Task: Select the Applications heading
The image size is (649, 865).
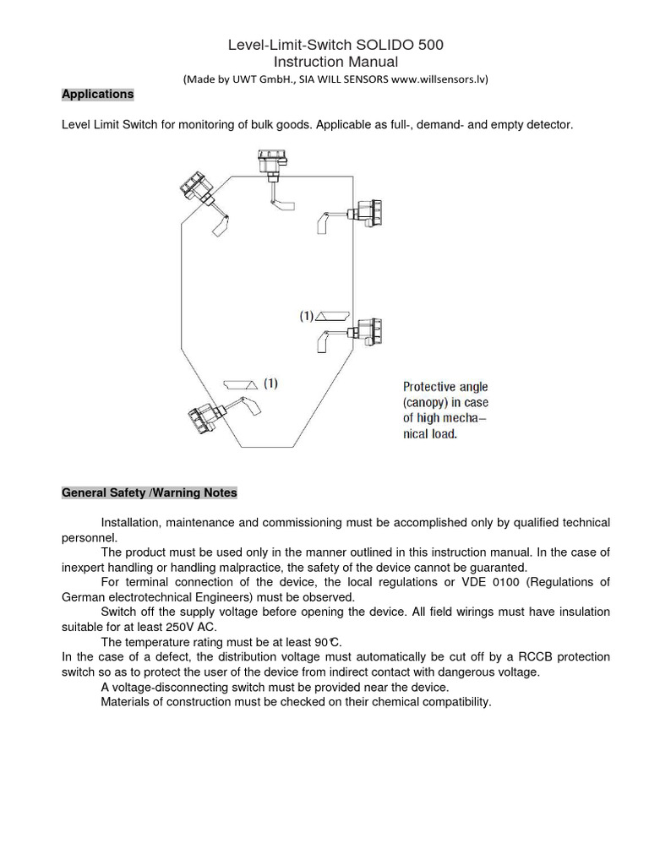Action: point(97,94)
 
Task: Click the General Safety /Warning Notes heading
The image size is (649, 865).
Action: point(150,492)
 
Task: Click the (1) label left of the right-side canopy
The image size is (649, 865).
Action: point(306,316)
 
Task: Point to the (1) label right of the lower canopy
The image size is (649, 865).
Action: point(270,384)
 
